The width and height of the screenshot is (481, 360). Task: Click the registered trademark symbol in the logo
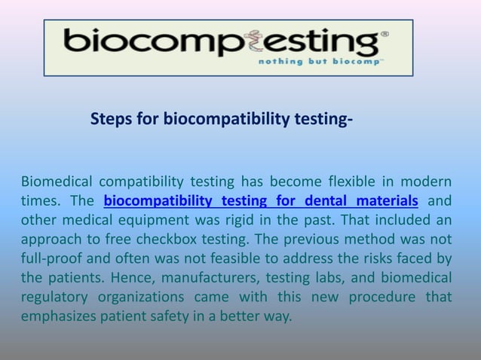point(385,35)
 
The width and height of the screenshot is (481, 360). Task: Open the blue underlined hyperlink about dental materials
point(261,201)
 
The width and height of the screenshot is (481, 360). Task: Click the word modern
point(426,182)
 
